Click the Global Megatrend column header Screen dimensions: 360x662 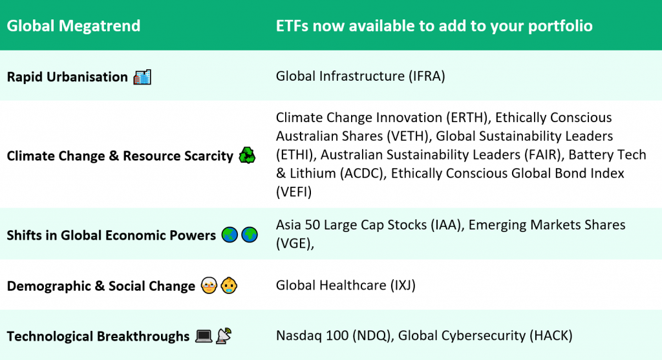click(x=74, y=26)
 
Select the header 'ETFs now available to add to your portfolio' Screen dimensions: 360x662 click(x=434, y=26)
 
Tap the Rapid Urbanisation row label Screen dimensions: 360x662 click(x=67, y=77)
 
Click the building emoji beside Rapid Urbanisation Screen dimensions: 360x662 click(x=142, y=77)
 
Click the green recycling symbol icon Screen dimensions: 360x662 click(x=247, y=156)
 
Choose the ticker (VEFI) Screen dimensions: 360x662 click(x=295, y=192)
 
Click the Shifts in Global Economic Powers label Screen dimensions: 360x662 click(x=111, y=235)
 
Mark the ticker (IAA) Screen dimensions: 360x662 click(x=440, y=225)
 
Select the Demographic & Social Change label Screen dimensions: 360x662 click(x=101, y=286)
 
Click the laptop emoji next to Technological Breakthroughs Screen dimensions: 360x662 click(x=204, y=336)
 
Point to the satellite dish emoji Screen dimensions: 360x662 click(x=224, y=336)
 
